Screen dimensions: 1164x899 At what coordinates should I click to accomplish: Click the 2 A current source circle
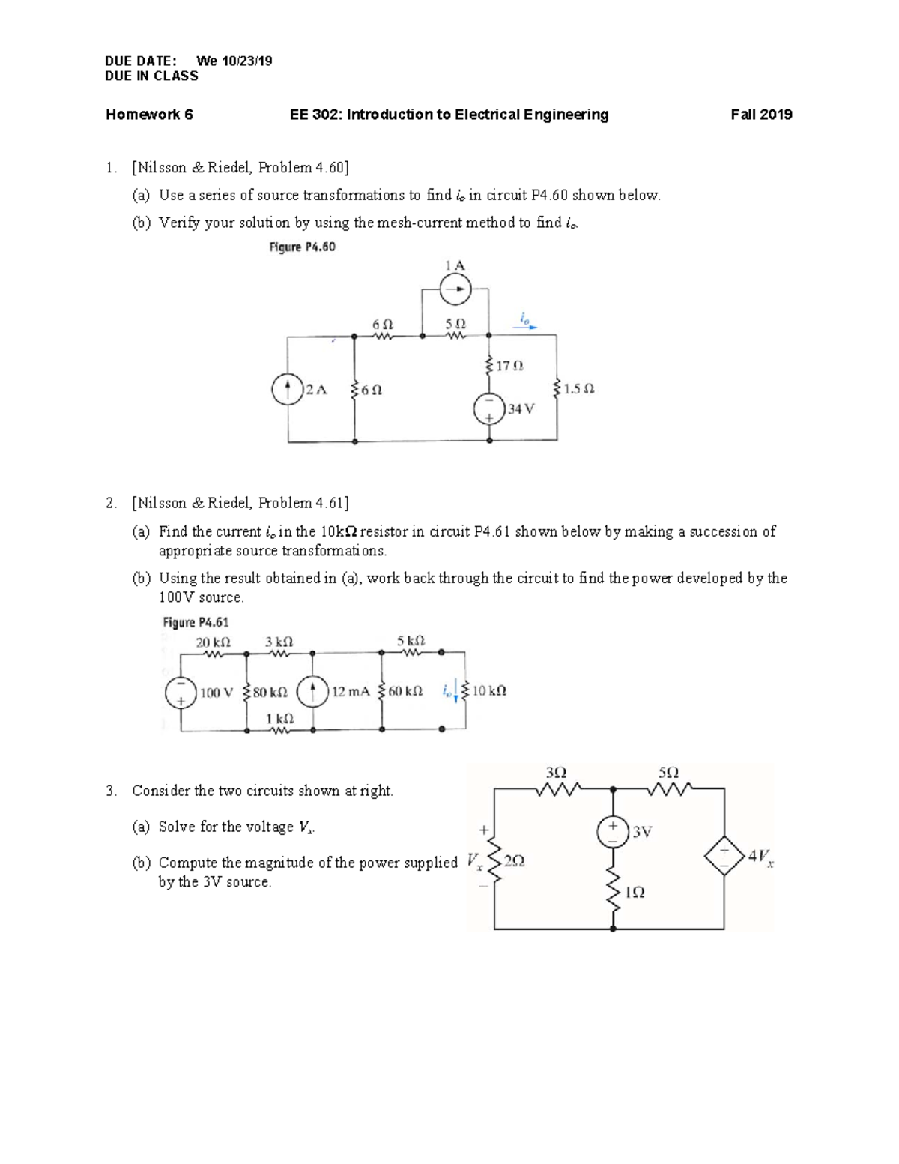[x=288, y=390]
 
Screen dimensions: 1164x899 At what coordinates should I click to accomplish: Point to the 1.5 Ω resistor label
[x=578, y=389]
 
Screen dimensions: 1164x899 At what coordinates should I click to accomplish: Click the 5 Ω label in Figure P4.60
[x=455, y=324]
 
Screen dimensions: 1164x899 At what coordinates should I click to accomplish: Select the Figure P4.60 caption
[x=302, y=247]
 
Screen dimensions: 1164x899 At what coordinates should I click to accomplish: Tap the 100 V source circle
[x=181, y=692]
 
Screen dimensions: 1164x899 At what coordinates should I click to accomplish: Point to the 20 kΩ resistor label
[x=213, y=642]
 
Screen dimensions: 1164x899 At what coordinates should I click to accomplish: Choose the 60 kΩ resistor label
[x=405, y=691]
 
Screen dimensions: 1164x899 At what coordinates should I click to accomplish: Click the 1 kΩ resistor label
[x=279, y=718]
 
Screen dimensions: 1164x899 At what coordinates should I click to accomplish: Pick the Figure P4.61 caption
[x=196, y=622]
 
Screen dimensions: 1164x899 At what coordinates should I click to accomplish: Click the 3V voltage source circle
[x=612, y=832]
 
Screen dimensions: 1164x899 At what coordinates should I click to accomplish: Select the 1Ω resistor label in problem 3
[x=635, y=893]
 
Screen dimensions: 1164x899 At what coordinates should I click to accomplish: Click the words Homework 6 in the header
[x=149, y=115]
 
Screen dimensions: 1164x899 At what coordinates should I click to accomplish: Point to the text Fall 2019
[x=761, y=115]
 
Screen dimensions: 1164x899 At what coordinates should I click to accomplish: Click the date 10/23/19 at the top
[x=245, y=61]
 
